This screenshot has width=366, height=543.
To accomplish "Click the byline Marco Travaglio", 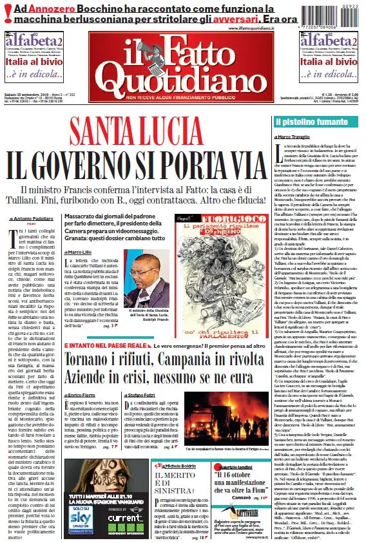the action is pos(293,137).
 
